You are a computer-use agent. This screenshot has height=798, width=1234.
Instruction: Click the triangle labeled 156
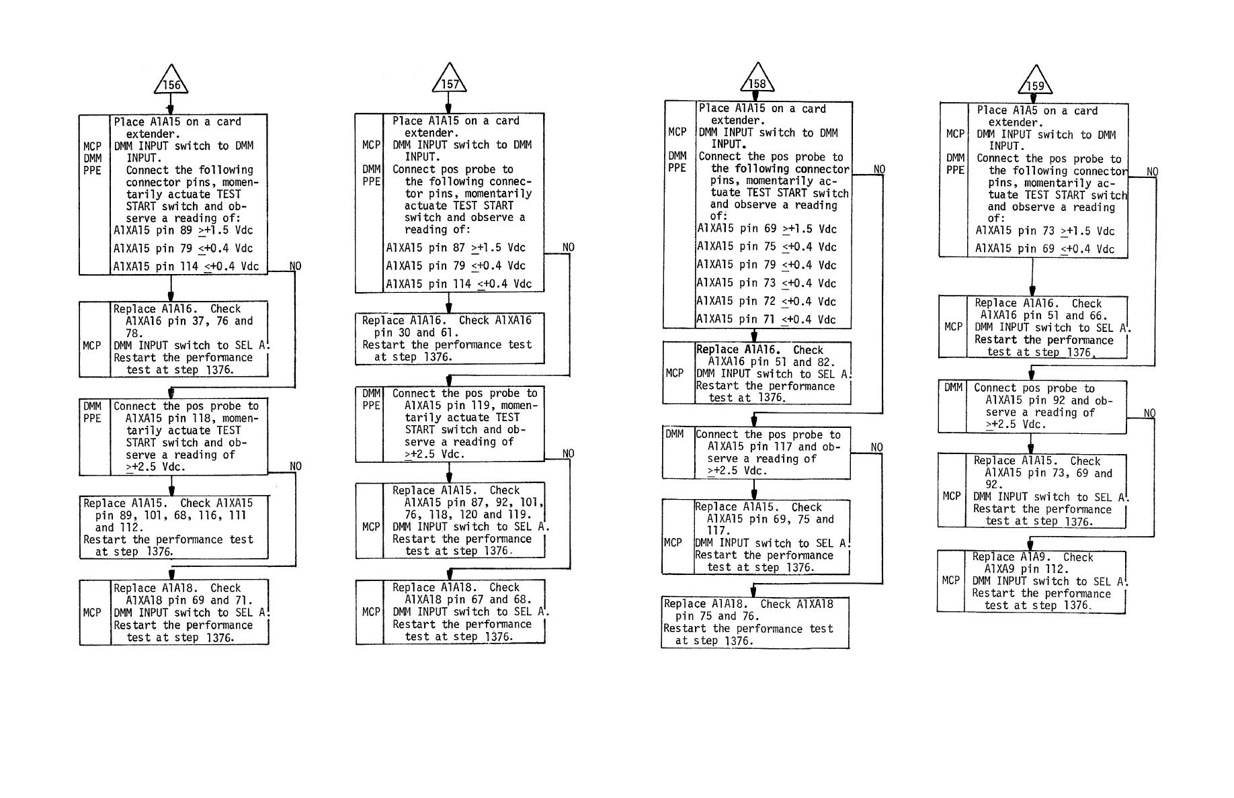(171, 82)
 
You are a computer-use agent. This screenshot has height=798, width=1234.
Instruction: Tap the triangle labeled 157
(449, 81)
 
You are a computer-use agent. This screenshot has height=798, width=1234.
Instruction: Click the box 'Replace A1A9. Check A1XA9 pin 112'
(1032, 582)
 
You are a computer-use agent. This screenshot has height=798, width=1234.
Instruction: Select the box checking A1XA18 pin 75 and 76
(755, 623)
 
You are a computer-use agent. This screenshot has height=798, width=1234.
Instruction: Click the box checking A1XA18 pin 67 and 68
(450, 612)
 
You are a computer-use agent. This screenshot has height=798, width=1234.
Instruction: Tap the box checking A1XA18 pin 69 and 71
(174, 613)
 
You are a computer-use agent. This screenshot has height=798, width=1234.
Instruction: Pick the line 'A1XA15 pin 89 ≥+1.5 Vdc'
(183, 230)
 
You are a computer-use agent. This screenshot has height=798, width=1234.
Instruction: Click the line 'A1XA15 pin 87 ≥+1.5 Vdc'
(456, 248)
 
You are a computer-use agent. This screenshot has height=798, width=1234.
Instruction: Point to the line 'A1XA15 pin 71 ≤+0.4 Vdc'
(766, 320)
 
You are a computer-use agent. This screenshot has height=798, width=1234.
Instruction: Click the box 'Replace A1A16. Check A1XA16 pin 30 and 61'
(450, 339)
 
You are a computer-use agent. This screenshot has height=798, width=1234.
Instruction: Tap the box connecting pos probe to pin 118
(173, 437)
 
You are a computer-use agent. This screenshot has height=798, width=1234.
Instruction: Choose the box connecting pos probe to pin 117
(756, 453)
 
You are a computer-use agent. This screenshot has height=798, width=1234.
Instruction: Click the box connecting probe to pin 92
(1032, 407)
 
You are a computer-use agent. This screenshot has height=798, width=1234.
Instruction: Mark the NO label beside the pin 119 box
(568, 453)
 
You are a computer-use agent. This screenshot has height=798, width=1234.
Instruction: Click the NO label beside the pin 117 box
(876, 447)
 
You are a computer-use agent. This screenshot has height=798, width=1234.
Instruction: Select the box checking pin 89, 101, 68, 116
(174, 527)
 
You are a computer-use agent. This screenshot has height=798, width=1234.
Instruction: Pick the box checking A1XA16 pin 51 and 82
(757, 373)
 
